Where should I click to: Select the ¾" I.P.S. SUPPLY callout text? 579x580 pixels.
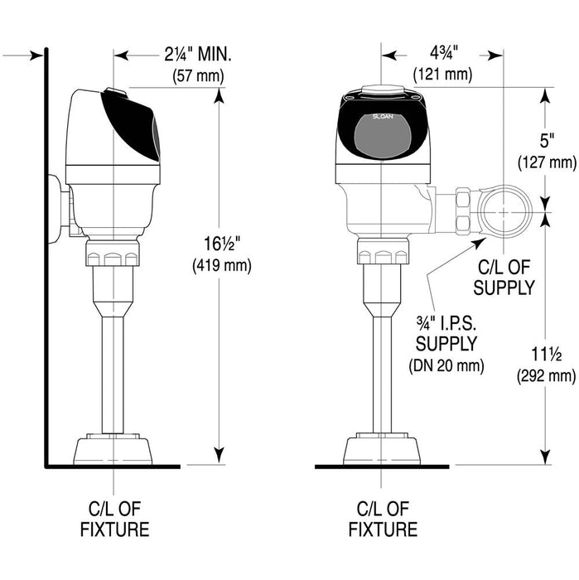(448, 331)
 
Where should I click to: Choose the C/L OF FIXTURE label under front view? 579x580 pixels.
(384, 519)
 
